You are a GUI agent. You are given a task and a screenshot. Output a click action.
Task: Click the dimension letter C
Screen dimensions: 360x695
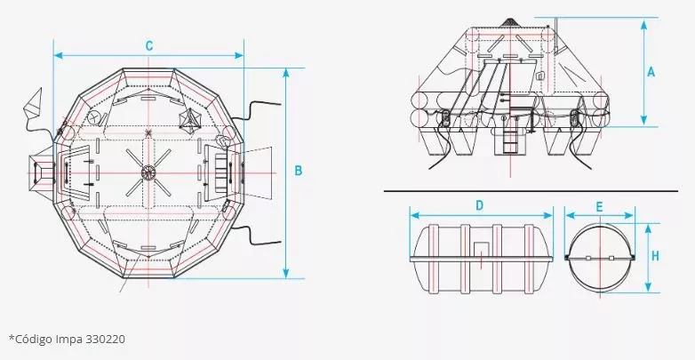(x=149, y=45)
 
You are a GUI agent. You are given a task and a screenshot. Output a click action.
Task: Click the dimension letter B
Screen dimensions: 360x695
(x=299, y=169)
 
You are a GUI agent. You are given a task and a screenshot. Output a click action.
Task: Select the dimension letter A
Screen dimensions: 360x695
(x=651, y=73)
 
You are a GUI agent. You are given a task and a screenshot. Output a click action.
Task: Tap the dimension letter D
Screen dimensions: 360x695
(x=479, y=205)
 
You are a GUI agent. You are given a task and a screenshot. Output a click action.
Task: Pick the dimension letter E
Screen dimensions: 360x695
(x=600, y=205)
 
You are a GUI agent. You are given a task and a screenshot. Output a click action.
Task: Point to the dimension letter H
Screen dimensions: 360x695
(x=655, y=256)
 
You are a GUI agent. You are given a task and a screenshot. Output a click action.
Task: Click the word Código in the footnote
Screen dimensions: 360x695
(x=36, y=338)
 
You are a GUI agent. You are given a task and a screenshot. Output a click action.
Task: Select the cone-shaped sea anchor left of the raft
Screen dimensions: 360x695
(x=35, y=106)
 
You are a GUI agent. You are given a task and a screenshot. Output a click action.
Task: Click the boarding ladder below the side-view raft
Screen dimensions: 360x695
(x=510, y=138)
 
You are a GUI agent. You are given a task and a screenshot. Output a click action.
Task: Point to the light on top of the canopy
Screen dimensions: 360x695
(x=509, y=22)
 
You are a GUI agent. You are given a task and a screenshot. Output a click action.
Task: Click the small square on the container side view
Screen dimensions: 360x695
(x=480, y=252)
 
